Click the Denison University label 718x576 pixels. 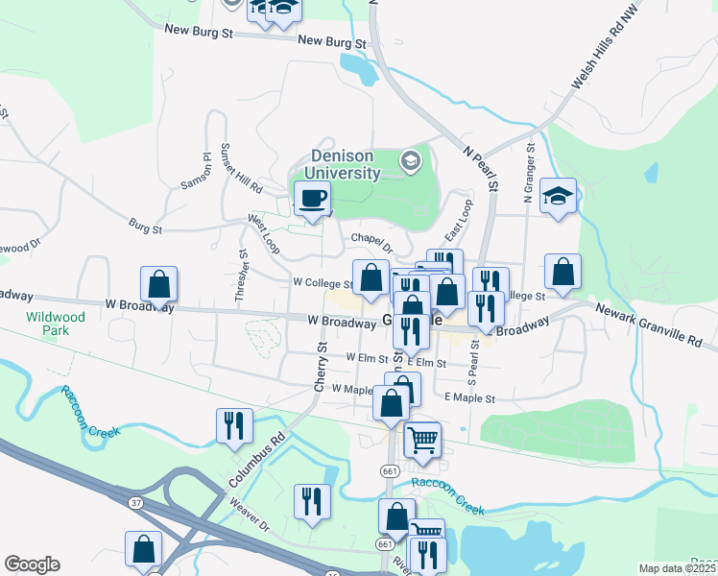click(x=342, y=165)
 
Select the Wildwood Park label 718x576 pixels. click(x=56, y=324)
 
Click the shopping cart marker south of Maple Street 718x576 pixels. click(x=422, y=441)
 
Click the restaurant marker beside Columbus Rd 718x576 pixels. click(x=235, y=425)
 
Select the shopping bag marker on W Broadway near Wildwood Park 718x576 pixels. click(x=159, y=285)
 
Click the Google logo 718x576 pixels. click(x=32, y=564)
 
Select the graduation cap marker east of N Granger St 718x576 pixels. click(x=558, y=197)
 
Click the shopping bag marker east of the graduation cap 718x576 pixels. click(x=562, y=273)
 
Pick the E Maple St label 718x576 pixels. click(x=469, y=397)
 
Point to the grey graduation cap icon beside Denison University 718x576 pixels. click(x=412, y=160)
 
